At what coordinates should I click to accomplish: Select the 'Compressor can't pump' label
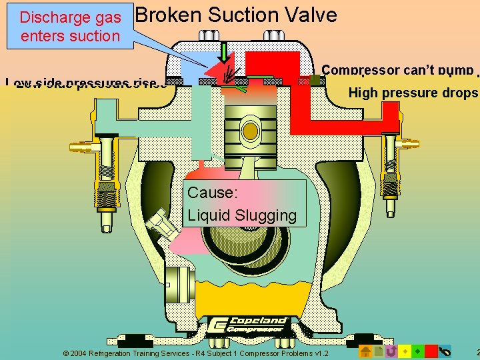click(x=397, y=70)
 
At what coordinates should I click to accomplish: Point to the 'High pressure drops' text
click(x=413, y=93)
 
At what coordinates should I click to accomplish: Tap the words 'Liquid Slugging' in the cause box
click(x=241, y=215)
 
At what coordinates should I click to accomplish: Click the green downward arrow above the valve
click(x=225, y=53)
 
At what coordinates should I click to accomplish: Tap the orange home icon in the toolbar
click(x=366, y=351)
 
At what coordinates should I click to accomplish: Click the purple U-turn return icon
click(x=391, y=351)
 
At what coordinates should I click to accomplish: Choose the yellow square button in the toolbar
click(x=404, y=351)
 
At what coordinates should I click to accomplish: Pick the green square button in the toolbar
click(x=417, y=351)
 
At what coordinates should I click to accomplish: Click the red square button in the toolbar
click(x=431, y=351)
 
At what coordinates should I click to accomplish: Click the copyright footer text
click(x=195, y=353)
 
